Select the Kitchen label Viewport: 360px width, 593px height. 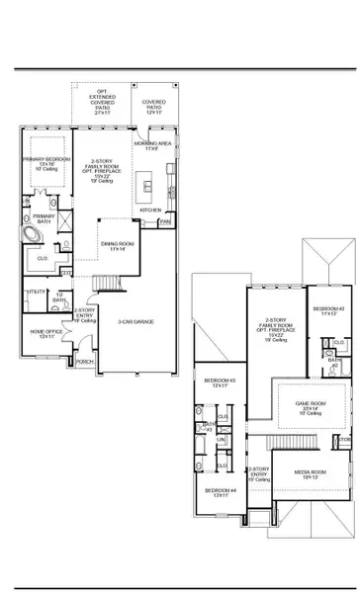[149, 211]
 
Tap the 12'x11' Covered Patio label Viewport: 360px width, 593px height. [154, 106]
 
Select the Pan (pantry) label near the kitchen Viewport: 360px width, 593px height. [166, 223]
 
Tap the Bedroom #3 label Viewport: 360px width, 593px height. [220, 382]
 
